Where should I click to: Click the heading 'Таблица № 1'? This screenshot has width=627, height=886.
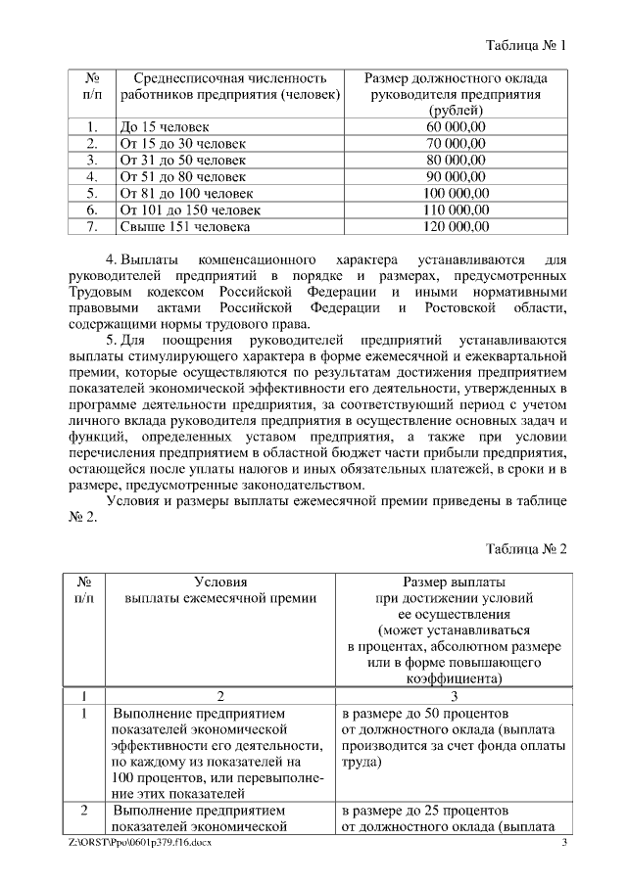click(x=526, y=45)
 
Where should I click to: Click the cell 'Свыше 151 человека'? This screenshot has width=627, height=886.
click(x=185, y=227)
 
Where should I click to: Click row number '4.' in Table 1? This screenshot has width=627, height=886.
click(x=91, y=177)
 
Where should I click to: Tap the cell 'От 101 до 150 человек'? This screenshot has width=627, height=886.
click(x=190, y=210)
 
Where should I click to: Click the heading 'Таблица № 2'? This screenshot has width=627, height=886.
click(x=526, y=548)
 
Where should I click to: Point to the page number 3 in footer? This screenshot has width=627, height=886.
click(x=564, y=842)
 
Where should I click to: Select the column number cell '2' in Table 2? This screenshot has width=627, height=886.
click(x=220, y=696)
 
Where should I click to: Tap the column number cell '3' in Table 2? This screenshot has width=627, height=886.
click(x=454, y=696)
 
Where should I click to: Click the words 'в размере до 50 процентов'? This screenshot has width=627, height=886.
click(x=425, y=713)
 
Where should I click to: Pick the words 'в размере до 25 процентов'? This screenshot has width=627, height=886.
click(x=425, y=812)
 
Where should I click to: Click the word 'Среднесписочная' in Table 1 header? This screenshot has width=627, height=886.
click(x=177, y=77)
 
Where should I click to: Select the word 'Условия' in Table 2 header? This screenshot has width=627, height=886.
click(x=220, y=581)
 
